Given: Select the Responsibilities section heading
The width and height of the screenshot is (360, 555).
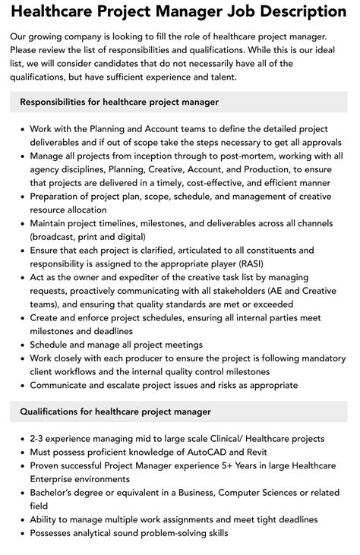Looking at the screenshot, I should coord(119,102).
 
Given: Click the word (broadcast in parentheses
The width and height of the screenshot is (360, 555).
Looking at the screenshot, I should coord(57,236).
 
